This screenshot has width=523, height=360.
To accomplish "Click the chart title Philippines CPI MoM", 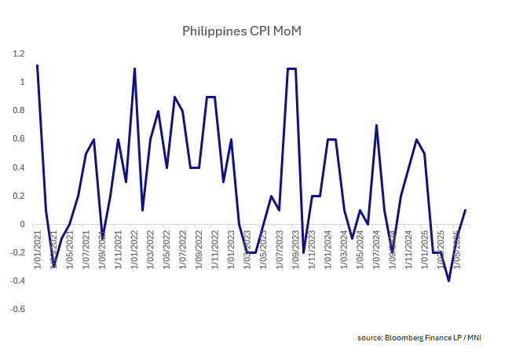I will pyautogui.click(x=242, y=31).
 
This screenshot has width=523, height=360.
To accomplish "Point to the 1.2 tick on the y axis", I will pyautogui.click(x=18, y=53).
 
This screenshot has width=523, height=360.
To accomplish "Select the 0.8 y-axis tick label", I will pyautogui.click(x=18, y=111).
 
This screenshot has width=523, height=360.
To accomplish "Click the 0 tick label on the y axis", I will pyautogui.click(x=22, y=225).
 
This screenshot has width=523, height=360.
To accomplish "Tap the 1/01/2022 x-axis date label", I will pyautogui.click(x=135, y=250).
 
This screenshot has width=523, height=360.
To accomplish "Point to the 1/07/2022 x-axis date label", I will pyautogui.click(x=184, y=250).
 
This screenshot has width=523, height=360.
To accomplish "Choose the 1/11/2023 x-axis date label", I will pyautogui.click(x=313, y=250).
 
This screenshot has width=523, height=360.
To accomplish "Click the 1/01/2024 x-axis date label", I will pyautogui.click(x=329, y=250).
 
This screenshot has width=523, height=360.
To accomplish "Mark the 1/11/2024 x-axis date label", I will pyautogui.click(x=409, y=250).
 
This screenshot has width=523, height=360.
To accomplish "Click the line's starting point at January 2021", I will pyautogui.click(x=37, y=65).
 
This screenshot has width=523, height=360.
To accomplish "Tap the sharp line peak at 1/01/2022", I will pyautogui.click(x=134, y=68).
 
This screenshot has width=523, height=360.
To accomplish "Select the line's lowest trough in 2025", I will pyautogui.click(x=449, y=281).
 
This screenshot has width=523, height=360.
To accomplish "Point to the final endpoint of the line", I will pyautogui.click(x=466, y=210).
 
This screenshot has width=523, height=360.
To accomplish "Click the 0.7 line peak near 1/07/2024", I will pyautogui.click(x=377, y=125).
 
